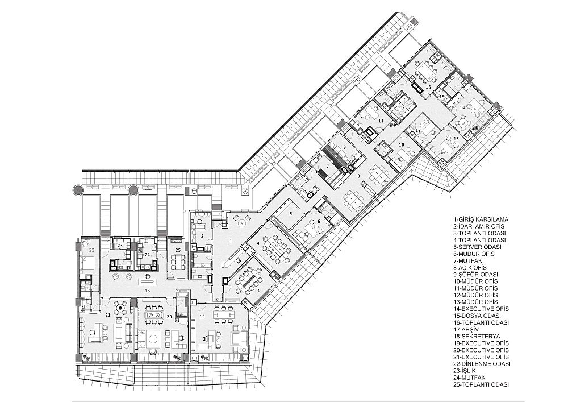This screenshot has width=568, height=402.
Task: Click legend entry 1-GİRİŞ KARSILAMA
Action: [x=481, y=219]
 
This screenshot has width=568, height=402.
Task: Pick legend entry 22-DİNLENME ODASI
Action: [x=482, y=363]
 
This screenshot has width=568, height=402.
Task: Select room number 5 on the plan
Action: [x=290, y=213]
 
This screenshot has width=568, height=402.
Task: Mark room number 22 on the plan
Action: [x=91, y=250]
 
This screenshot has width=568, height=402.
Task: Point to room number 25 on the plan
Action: [x=178, y=250]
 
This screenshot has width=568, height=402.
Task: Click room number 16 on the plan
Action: [x=428, y=87]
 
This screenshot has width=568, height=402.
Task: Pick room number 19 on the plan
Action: [x=202, y=317]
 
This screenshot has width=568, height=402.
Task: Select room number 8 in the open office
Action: [x=359, y=176]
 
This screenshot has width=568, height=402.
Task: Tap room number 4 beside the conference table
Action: [x=258, y=243]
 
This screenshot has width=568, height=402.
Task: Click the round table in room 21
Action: [x=120, y=309]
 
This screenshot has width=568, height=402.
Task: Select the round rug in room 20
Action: [x=153, y=339]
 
